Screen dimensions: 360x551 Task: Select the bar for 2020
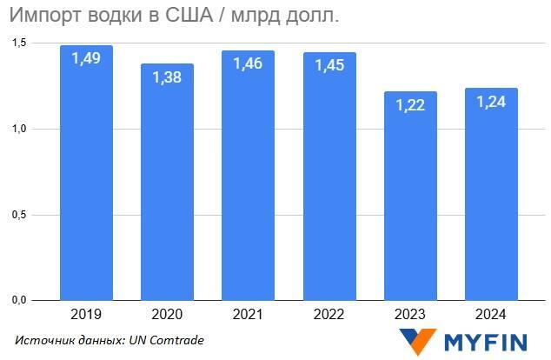(167, 191)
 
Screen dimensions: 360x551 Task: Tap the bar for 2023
(411, 200)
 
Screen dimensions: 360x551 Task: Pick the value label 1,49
(86, 59)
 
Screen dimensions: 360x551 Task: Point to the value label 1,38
(167, 77)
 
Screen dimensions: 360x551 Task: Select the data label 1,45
(329, 65)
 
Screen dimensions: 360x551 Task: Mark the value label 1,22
(411, 104)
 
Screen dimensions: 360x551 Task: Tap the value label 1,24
(492, 101)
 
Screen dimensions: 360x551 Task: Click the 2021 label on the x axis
(248, 314)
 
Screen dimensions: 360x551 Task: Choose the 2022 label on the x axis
(329, 314)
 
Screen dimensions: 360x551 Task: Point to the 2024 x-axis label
(492, 314)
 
